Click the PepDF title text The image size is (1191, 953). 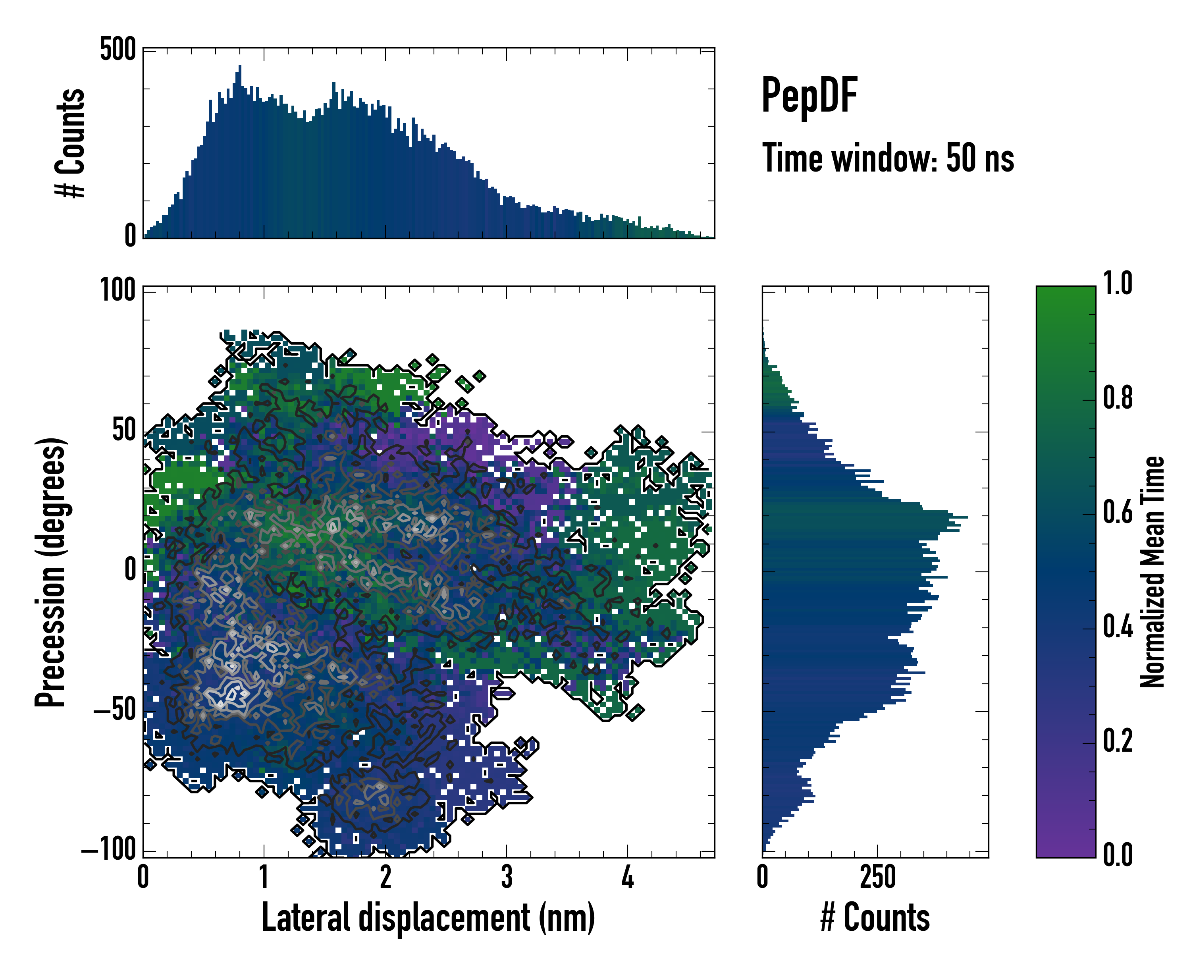[x=809, y=96]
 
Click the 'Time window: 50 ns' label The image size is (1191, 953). [x=888, y=158]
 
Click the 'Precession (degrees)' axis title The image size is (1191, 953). [x=51, y=572]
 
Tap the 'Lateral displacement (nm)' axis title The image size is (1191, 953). [x=428, y=918]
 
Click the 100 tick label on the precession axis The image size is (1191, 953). [x=117, y=289]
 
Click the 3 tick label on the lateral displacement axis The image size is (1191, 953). [x=507, y=877]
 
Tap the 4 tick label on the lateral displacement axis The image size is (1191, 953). [x=628, y=877]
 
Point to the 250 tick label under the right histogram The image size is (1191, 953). [x=877, y=877]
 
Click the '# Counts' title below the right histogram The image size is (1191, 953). [x=875, y=918]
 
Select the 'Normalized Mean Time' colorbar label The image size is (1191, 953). [x=1152, y=572]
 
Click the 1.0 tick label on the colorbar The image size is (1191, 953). [x=1118, y=284]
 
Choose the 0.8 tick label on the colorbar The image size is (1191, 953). [x=1118, y=398]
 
